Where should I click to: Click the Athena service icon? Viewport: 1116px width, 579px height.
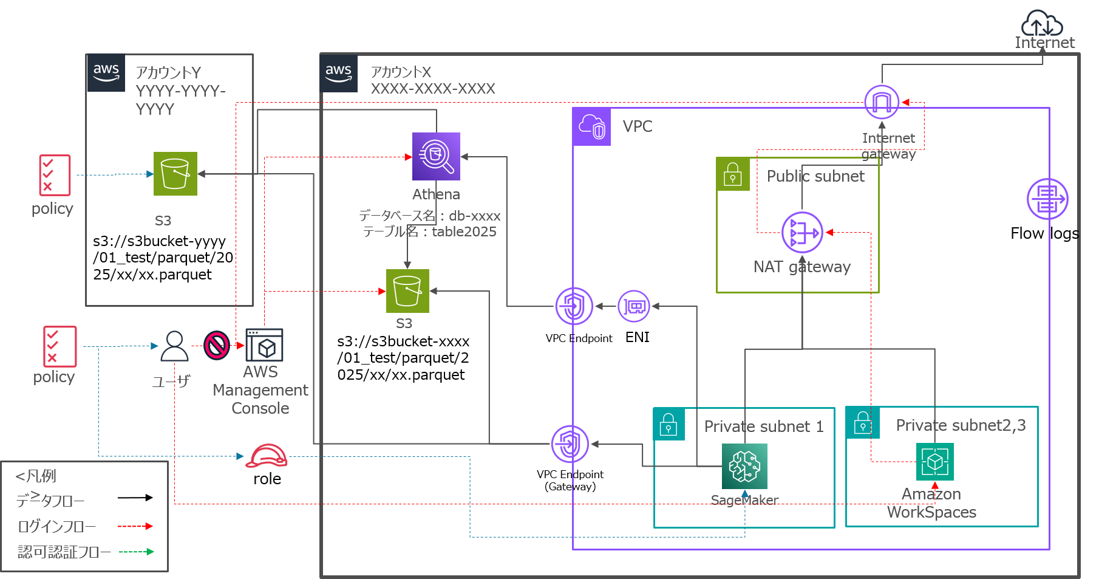[x=436, y=156]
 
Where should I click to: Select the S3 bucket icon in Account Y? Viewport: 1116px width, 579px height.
[x=175, y=174]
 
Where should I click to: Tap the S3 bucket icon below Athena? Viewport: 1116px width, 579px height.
[x=407, y=291]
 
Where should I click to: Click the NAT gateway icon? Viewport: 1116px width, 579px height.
[x=802, y=232]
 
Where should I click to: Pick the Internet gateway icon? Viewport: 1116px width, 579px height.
[x=882, y=102]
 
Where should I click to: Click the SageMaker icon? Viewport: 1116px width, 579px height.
[x=744, y=466]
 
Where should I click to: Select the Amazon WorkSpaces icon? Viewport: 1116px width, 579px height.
[x=934, y=462]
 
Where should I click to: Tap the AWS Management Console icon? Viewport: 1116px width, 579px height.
[x=264, y=345]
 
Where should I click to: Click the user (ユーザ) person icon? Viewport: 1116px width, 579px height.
[x=174, y=346]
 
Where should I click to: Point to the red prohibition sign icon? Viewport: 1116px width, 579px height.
[x=216, y=345]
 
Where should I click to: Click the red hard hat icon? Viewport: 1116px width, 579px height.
[x=266, y=456]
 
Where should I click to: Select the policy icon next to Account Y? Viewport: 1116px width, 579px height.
[x=55, y=175]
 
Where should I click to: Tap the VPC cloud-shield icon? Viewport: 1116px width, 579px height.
[x=591, y=126]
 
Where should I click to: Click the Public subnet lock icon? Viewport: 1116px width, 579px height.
[x=733, y=174]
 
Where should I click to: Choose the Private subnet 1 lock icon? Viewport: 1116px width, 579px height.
[x=669, y=423]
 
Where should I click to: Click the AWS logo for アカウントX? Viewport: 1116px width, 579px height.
[x=339, y=73]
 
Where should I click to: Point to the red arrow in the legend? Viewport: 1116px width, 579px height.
[x=135, y=526]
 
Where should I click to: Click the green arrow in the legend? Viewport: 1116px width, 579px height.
[x=137, y=552]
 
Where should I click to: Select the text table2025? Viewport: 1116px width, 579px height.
[x=464, y=231]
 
